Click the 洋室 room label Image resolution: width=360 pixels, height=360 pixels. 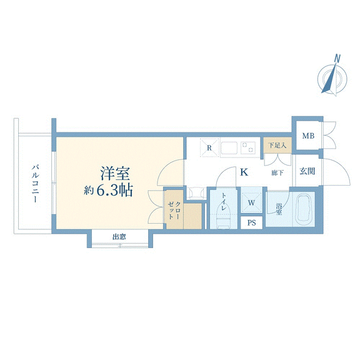tap(115, 173)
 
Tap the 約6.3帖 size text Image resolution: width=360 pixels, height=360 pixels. tap(108, 191)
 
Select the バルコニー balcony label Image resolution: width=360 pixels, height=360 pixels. tap(36, 183)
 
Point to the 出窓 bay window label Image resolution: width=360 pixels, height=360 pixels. tap(119, 237)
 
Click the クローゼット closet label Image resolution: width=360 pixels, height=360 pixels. tap(174, 210)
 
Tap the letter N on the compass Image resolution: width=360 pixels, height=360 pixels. tap(337, 58)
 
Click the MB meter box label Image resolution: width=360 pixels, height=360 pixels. tap(308, 136)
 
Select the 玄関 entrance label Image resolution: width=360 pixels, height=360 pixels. tap(307, 171)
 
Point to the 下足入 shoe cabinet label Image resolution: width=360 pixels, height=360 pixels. tap(277, 146)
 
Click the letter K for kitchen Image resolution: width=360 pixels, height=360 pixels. tap(244, 172)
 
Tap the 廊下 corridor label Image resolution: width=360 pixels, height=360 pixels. tap(277, 172)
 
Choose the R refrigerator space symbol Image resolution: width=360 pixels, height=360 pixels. tap(209, 147)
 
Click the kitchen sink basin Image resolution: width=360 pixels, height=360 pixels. tap(229, 148)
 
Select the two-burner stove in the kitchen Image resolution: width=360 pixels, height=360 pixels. tap(248, 147)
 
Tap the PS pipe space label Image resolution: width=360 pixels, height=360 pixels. tap(252, 222)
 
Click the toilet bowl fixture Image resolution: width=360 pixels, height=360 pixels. tap(224, 218)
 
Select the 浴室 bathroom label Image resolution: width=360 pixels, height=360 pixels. tap(279, 209)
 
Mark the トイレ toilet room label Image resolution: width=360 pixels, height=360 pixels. tap(224, 202)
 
